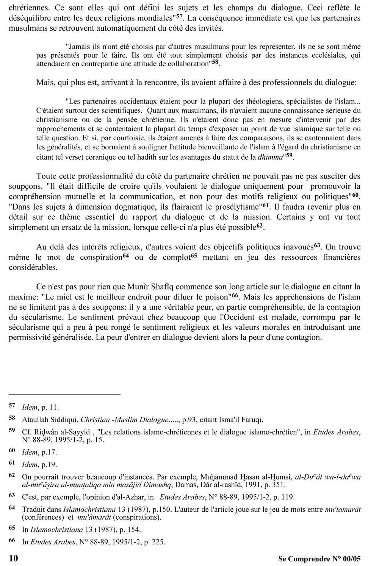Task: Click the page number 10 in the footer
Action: [13, 558]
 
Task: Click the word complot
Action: [177, 257]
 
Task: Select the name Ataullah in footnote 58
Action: [36, 420]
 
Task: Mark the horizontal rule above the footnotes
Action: [64, 395]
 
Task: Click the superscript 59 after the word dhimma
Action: [289, 155]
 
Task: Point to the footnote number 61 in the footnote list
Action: [12, 463]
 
